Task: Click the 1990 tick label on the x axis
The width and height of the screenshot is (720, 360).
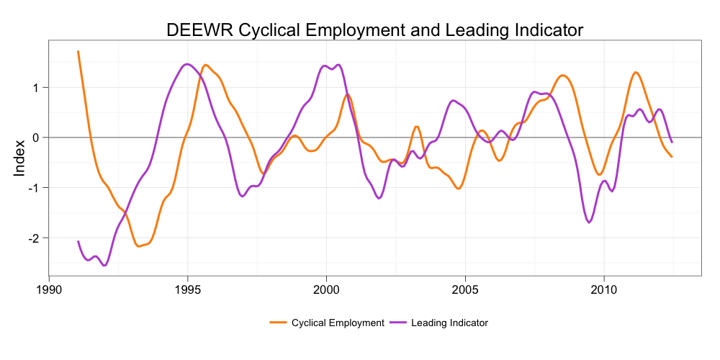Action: coord(49,289)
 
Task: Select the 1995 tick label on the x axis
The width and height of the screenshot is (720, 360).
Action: coord(188,289)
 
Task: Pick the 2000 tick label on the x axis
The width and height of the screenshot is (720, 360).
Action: coord(326,289)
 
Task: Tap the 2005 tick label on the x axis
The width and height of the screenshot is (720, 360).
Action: coord(465,289)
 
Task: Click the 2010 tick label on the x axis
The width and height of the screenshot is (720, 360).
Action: coord(603,289)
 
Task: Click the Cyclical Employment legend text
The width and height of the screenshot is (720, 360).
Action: coord(338,323)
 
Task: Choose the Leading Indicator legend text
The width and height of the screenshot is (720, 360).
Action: coord(449,323)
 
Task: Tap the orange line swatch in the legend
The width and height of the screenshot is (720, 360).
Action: coord(279,323)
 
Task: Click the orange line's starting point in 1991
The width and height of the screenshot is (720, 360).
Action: coord(78,51)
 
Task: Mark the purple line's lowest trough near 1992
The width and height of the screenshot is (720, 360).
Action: coord(105,265)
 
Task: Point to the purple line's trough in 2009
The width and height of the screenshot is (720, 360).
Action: coord(589,222)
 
